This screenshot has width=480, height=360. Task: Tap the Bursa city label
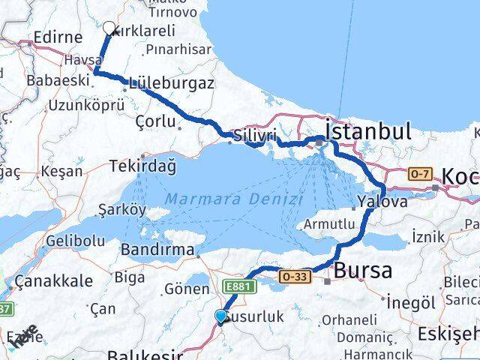point(363,270)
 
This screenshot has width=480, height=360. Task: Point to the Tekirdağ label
point(142,166)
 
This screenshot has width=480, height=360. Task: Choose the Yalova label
point(382,202)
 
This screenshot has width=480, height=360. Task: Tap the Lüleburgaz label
point(172,83)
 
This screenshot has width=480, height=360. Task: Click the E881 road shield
point(238,285)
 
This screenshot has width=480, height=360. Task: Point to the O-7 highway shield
point(418,174)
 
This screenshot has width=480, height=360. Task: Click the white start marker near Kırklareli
point(109,28)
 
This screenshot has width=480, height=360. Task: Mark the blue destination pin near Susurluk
point(220,317)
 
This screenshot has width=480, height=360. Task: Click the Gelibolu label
point(75,241)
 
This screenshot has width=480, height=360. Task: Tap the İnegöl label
point(410,302)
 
